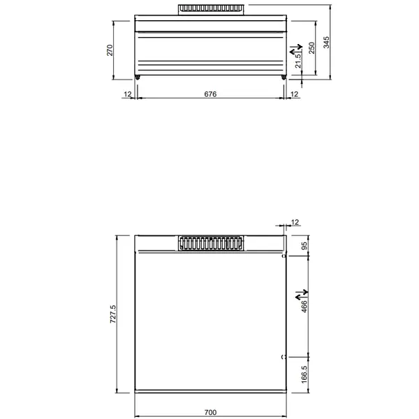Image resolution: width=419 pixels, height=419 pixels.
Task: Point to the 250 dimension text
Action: tap(312, 47)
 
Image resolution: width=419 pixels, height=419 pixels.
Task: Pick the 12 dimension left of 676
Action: tap(128, 93)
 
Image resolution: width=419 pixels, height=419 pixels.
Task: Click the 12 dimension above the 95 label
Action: tap(294, 222)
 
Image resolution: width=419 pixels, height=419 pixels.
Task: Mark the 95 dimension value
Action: tap(304, 246)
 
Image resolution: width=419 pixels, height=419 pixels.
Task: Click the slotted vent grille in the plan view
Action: tap(211, 242)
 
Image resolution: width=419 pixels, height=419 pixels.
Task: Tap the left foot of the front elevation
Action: tap(137, 77)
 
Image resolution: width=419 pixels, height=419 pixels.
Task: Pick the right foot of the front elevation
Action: tap(284, 77)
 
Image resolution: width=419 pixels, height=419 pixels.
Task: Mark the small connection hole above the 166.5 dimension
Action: tap(284, 358)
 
